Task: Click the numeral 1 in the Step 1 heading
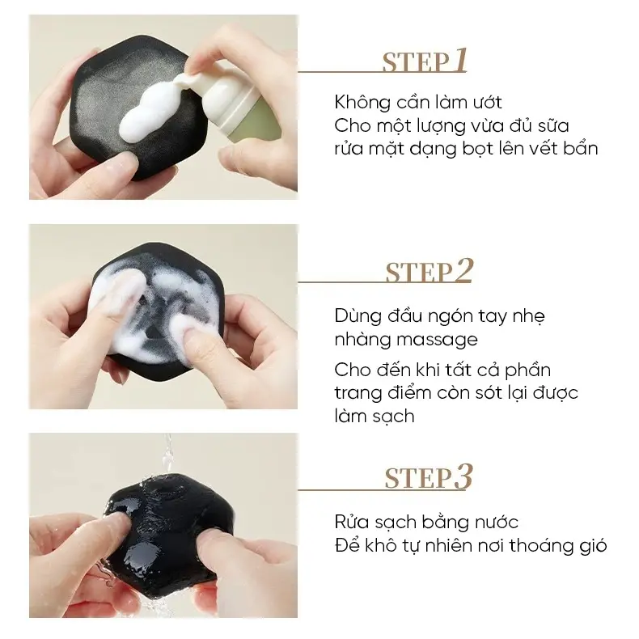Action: [461, 61]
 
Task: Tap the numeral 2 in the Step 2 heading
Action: [463, 270]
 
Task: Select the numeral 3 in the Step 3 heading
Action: [463, 476]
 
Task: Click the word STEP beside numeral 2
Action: [419, 273]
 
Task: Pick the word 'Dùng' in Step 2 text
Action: [358, 316]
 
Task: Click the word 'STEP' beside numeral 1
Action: [416, 63]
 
